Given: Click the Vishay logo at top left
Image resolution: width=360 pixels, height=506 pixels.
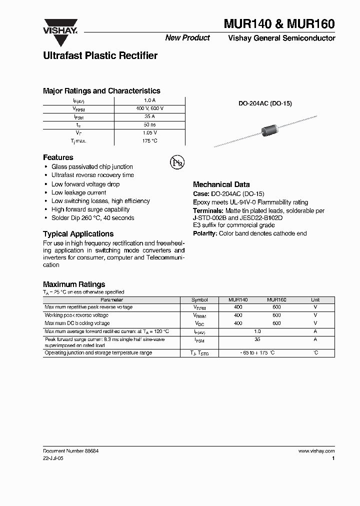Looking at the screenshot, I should coord(59,26).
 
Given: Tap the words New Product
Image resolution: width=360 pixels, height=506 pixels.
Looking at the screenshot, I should coord(187,38).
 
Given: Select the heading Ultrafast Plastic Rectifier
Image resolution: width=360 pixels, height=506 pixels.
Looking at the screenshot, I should coord(100,56).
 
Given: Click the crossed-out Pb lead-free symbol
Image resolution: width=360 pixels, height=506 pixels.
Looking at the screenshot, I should coord(177,161).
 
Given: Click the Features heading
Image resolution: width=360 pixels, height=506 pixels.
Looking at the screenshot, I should coord(58,157).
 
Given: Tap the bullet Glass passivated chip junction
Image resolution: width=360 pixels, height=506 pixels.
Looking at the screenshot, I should coord(92,166).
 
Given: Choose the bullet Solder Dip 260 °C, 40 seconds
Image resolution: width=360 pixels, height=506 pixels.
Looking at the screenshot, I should coord(92,218).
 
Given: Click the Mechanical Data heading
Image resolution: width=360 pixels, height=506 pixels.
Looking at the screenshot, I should coord(221,184).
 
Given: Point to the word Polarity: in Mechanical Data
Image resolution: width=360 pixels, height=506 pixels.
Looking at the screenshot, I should coord(205,233).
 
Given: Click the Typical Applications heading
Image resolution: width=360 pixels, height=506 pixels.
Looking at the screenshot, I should coord(78,234).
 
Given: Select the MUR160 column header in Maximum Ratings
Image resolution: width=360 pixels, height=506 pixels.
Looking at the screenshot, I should coord(276,300).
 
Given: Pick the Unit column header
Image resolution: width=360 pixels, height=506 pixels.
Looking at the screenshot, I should coord(315,300).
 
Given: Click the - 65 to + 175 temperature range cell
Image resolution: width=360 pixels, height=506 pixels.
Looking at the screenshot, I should coord(257,353).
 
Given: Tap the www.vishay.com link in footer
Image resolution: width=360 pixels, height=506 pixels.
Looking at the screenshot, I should coord(316,450).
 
